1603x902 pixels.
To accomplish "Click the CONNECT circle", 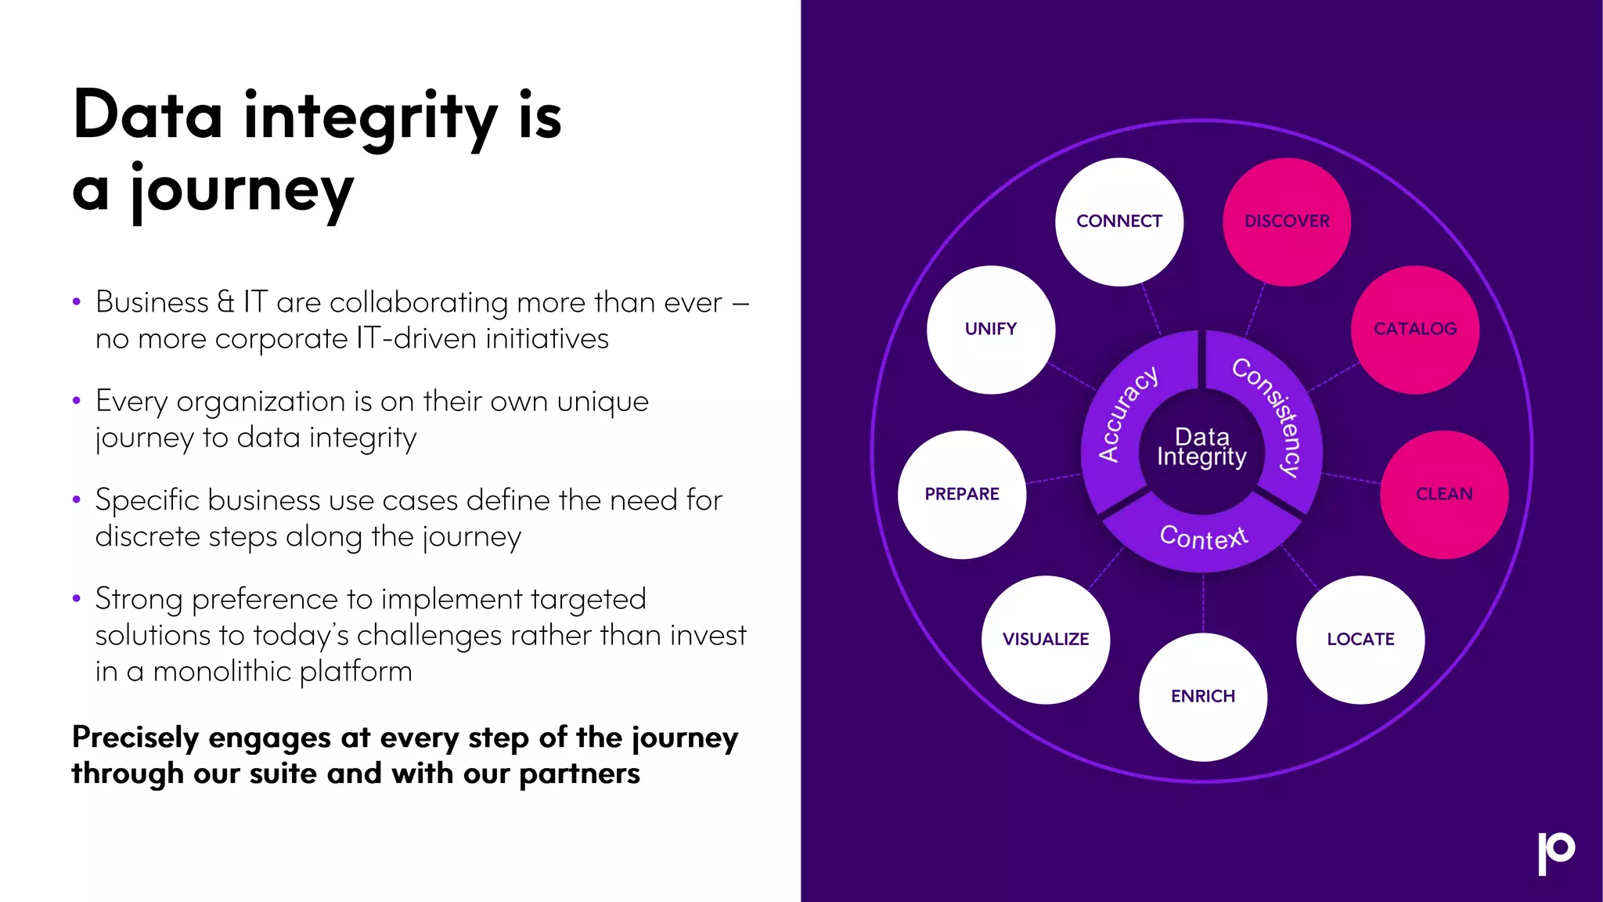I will pyautogui.click(x=1118, y=222).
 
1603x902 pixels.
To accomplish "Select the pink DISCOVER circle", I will pyautogui.click(x=1287, y=222).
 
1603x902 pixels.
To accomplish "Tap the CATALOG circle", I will pyautogui.click(x=1415, y=329).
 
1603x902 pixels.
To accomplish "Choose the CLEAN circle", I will pyautogui.click(x=1444, y=494).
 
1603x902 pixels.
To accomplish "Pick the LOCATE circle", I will pyautogui.click(x=1360, y=640).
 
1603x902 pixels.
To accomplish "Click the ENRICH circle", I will pyautogui.click(x=1203, y=697).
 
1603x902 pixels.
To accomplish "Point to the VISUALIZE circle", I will pyautogui.click(x=1046, y=640).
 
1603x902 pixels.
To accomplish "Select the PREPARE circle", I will pyautogui.click(x=962, y=494).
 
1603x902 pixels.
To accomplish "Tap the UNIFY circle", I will pyautogui.click(x=991, y=329).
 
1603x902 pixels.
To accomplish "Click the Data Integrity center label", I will pyautogui.click(x=1202, y=447).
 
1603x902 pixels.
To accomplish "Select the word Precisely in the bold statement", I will pyautogui.click(x=135, y=738).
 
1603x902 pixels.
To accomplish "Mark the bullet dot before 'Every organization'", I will pyautogui.click(x=76, y=401).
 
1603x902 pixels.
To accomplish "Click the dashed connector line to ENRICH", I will pyautogui.click(x=1203, y=603).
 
